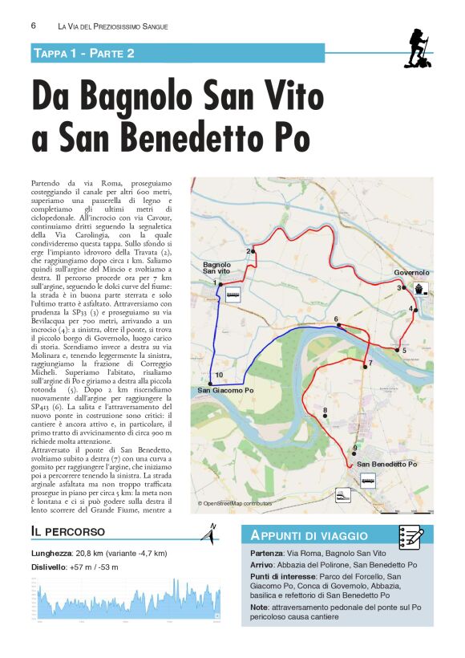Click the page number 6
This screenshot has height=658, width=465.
pyautogui.click(x=34, y=26)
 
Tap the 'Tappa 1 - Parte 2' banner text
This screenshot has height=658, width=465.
pyautogui.click(x=83, y=53)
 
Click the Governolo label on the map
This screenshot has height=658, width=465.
pyautogui.click(x=411, y=273)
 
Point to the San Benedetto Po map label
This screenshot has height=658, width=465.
pyautogui.click(x=387, y=465)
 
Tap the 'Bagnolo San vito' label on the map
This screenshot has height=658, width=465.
pyautogui.click(x=216, y=268)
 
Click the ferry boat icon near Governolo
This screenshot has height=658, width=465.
pyautogui.click(x=422, y=289)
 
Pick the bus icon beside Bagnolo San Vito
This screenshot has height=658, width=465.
pyautogui.click(x=233, y=294)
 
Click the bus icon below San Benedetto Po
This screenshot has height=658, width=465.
pyautogui.click(x=368, y=481)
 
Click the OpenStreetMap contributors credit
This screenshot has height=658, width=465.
pyautogui.click(x=235, y=504)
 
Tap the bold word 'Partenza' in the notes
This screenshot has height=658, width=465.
pyautogui.click(x=266, y=554)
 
